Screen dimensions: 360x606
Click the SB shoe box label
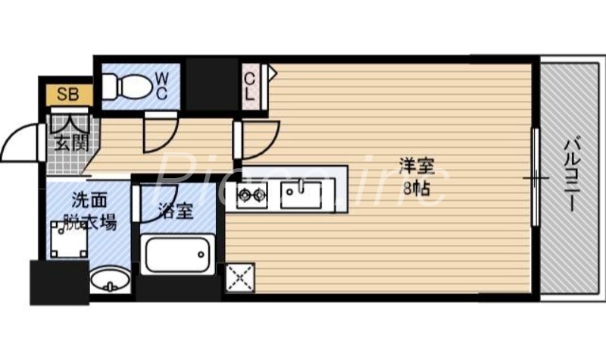coord(65,95)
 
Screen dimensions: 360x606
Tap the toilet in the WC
coord(125,85)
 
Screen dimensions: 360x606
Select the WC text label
coord(161,85)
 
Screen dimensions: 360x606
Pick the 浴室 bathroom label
coord(175,210)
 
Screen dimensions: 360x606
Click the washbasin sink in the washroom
coord(109,280)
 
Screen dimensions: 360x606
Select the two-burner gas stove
coord(251,196)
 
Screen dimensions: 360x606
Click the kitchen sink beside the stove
coord(302,194)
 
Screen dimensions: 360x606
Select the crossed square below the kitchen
coord(240,278)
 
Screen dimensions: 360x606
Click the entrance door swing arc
coord(21,144)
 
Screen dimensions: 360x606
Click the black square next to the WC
coord(210,84)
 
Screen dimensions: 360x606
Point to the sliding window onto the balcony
coord(535,178)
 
